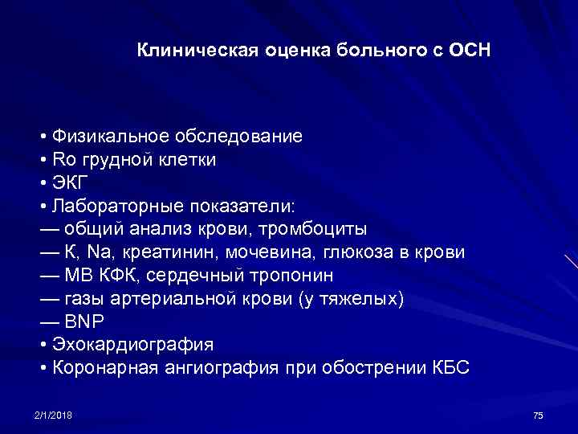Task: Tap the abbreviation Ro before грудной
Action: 63,159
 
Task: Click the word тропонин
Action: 293,276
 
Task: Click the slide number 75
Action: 538,415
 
